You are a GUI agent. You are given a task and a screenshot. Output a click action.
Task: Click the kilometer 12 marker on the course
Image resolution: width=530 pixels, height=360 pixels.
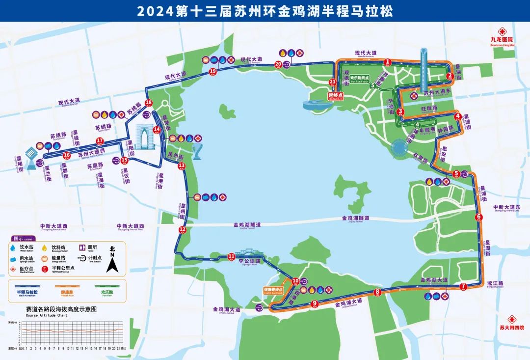pyautogui.click(x=183, y=230)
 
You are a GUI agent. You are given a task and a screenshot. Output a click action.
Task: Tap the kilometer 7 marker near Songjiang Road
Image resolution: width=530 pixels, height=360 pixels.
pyautogui.click(x=463, y=286)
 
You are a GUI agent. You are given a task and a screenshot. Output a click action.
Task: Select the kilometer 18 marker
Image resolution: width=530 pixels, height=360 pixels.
pyautogui.click(x=149, y=103)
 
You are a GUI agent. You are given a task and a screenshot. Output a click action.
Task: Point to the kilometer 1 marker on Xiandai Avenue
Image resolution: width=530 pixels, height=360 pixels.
pyautogui.click(x=388, y=62)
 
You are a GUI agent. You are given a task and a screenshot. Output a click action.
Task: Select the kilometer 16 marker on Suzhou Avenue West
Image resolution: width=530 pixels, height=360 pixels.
pyautogui.click(x=67, y=155)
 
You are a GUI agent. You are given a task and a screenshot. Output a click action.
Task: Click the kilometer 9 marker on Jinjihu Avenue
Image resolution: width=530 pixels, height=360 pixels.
pyautogui.click(x=315, y=304)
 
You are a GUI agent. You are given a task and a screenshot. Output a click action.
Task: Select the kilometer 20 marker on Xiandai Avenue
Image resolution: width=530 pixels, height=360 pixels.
pyautogui.click(x=278, y=64)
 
